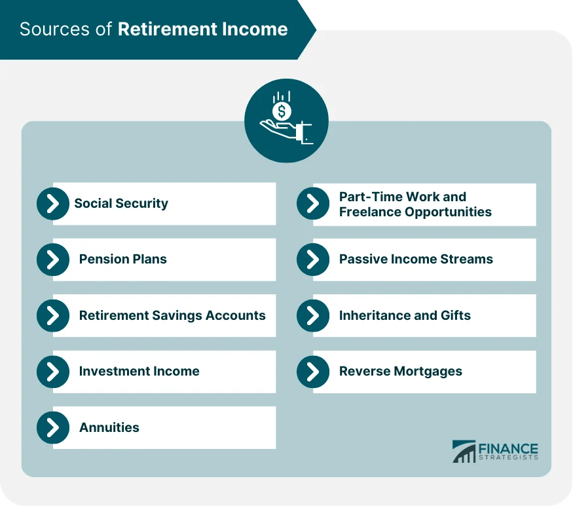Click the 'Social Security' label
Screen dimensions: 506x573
point(121,203)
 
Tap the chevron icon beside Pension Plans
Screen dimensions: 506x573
point(53,260)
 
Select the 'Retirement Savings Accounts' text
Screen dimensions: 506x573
point(172,315)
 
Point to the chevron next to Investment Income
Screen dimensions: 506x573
point(53,372)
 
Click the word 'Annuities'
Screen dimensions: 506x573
point(109,427)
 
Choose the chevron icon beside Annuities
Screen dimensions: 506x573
point(53,427)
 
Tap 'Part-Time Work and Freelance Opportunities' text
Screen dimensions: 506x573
point(415,204)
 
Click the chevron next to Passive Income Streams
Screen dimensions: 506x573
point(313,260)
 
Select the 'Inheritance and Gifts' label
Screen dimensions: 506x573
point(405,315)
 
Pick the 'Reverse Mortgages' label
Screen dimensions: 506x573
point(400,372)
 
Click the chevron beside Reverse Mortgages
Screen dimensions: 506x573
point(313,372)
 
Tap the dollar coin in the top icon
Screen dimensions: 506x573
point(282,111)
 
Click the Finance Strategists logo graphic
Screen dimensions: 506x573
point(464,452)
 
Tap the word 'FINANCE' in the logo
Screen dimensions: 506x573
point(508,449)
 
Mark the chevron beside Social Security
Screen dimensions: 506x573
point(53,204)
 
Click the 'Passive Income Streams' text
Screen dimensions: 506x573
point(416,260)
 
